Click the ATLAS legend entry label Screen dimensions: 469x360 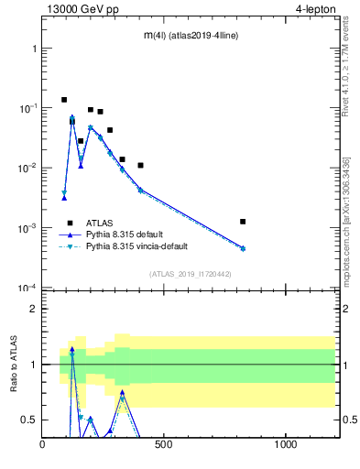[x=100, y=223]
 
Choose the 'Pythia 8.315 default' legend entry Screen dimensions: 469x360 [x=128, y=234]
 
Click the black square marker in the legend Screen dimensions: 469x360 [x=70, y=223]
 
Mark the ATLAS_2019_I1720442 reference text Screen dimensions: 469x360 [x=189, y=273]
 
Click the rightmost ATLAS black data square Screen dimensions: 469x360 [x=243, y=222]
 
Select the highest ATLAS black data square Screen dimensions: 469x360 [x=64, y=100]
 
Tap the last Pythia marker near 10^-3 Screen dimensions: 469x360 [x=243, y=248]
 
